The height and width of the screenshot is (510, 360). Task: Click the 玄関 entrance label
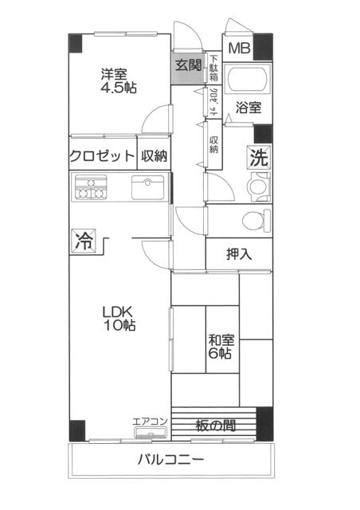pos(188,65)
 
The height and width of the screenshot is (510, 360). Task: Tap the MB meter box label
pos(240,48)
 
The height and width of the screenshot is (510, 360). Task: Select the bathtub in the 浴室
pos(248,79)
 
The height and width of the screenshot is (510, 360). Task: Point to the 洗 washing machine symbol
pos(259,158)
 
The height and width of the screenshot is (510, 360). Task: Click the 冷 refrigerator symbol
pos(84,241)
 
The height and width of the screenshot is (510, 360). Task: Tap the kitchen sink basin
pos(148,187)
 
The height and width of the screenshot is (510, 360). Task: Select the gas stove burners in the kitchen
pos(91,187)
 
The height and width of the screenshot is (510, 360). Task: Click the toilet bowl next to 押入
pos(256,220)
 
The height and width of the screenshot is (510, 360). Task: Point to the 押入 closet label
pos(239,254)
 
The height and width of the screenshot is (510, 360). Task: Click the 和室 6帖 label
pos(221,347)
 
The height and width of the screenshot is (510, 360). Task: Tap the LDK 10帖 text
pos(119,319)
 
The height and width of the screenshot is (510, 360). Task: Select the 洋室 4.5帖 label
pos(119,81)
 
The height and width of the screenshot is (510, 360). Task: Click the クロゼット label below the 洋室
pos(102,156)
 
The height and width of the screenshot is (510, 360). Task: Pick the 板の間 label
pos(216,425)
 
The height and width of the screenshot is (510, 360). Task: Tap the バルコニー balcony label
pos(171,460)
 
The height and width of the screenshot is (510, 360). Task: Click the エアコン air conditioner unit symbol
pos(151,433)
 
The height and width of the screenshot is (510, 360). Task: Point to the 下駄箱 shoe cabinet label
pos(213,69)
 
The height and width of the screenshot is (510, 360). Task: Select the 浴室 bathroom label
pos(248,108)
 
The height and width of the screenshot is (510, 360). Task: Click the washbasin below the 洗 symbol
pos(259,187)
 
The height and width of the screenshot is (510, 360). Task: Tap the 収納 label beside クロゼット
pos(154,156)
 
